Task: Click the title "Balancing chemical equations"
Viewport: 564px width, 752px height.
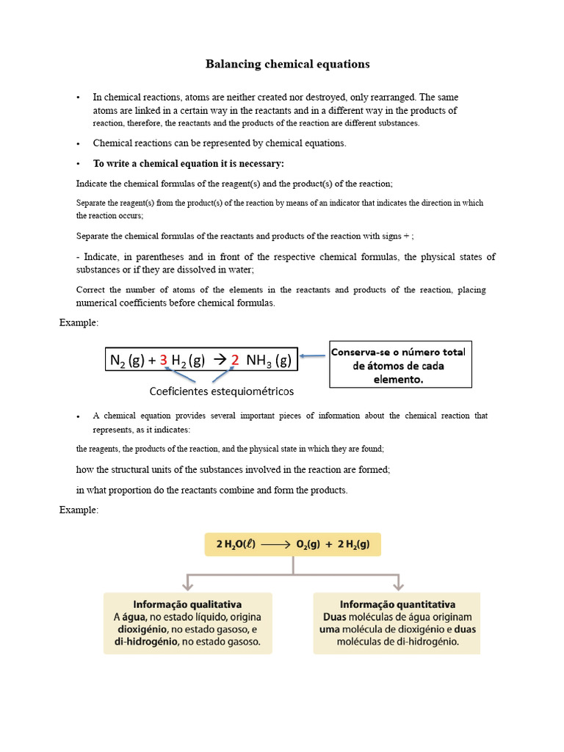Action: click(x=287, y=64)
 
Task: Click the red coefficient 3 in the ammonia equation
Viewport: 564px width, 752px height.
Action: click(x=163, y=360)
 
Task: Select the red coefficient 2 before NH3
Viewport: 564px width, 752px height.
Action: click(x=235, y=360)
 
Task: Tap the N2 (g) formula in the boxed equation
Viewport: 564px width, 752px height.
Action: click(x=126, y=360)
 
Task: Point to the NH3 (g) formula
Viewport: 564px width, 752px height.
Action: click(x=269, y=360)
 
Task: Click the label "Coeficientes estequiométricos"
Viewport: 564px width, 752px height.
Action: click(x=222, y=391)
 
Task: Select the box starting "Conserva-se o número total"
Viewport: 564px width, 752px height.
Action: click(x=400, y=364)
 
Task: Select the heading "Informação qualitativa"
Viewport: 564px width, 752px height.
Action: click(x=187, y=604)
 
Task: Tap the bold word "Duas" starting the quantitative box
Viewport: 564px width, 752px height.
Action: click(x=337, y=617)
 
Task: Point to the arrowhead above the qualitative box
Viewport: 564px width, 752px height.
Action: click(x=188, y=585)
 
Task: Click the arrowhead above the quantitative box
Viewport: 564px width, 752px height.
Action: click(x=398, y=585)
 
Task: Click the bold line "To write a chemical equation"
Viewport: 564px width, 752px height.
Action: click(x=188, y=163)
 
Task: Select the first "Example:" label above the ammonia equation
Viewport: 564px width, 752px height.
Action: click(x=79, y=322)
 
